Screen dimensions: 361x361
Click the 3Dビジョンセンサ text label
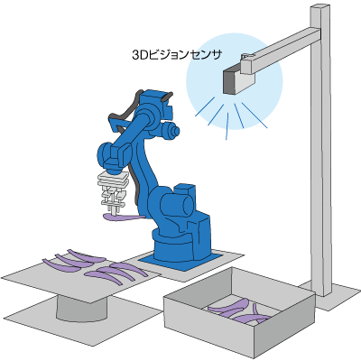[177, 55]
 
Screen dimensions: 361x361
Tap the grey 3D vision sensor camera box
[238, 79]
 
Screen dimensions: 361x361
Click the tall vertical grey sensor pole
[321, 151]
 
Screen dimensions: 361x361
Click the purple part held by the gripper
[124, 218]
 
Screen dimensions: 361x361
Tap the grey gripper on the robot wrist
[113, 192]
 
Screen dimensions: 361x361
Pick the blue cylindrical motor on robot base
[176, 204]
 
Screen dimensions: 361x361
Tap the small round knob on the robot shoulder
[174, 131]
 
